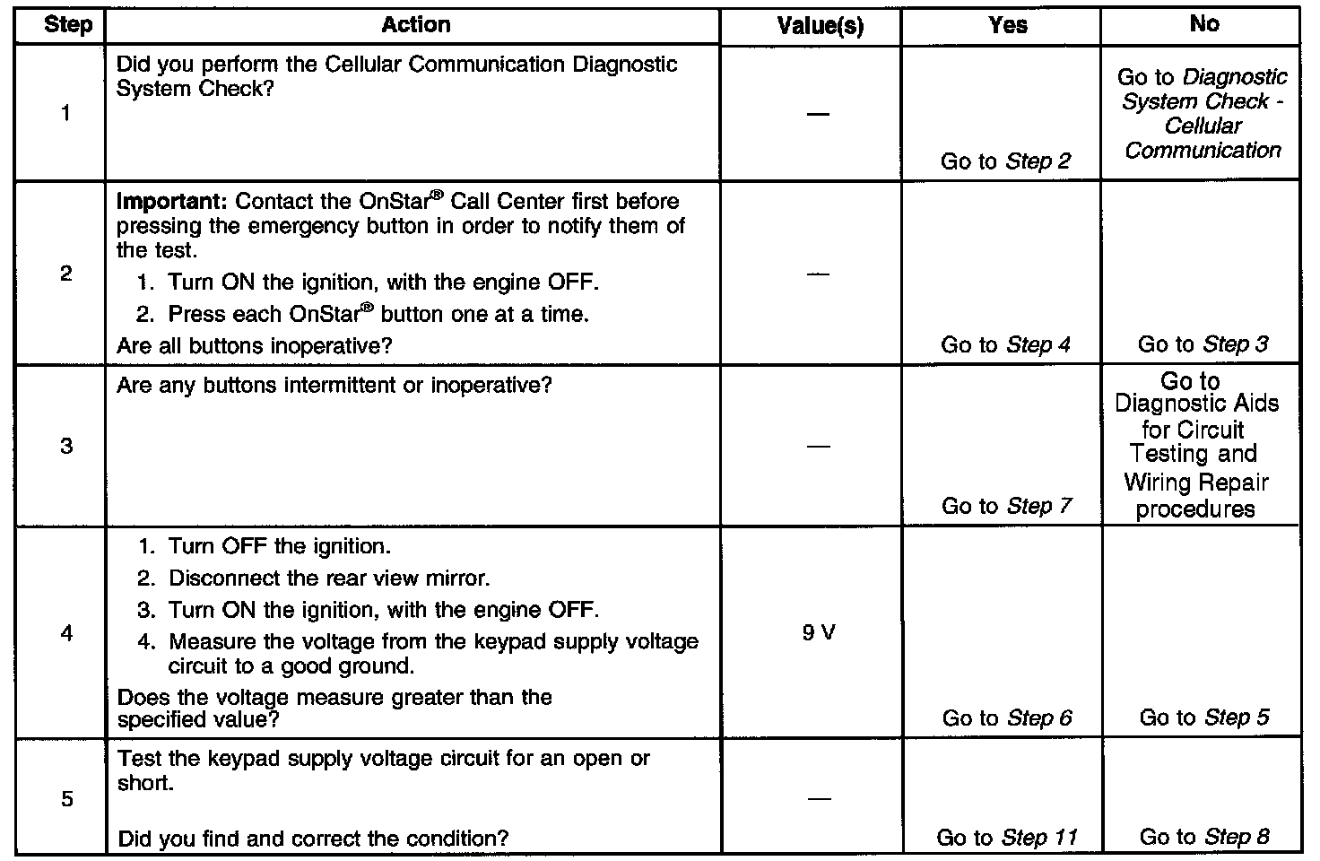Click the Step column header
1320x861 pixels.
(x=67, y=25)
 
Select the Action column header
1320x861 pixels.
(x=415, y=25)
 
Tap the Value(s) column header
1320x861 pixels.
(x=820, y=26)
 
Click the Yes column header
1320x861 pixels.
(x=1007, y=25)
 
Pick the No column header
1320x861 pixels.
(x=1203, y=24)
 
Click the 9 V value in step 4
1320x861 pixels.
(x=819, y=633)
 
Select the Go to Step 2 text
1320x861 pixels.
(x=1005, y=161)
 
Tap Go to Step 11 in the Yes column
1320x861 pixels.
(x=1006, y=838)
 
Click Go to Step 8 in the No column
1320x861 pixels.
(x=1203, y=838)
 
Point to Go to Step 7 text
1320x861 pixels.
(x=1006, y=506)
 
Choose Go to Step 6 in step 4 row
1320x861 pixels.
(x=1006, y=718)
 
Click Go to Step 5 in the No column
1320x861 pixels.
(x=1203, y=717)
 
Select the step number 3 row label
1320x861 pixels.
(x=66, y=446)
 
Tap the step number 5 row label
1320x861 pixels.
(x=66, y=799)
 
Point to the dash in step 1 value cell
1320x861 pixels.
(x=818, y=114)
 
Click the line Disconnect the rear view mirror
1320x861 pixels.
(x=328, y=578)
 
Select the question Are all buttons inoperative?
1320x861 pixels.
(x=255, y=345)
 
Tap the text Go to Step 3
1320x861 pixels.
(x=1203, y=344)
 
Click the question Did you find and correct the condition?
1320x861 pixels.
(x=313, y=839)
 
